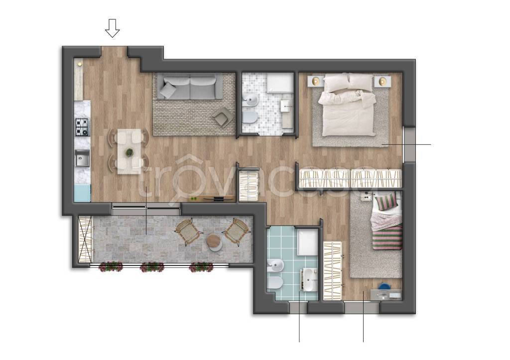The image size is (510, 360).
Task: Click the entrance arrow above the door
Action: (112, 28)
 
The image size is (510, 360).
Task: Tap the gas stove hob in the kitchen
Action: (82, 127)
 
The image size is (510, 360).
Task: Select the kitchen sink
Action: (82, 158)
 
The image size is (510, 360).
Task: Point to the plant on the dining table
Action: (129, 152)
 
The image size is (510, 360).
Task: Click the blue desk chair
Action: (384, 286)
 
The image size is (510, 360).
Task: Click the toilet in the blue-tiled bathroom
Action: (273, 284)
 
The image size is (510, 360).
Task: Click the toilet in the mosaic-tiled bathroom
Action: (250, 118)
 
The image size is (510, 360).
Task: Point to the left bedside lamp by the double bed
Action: (315, 81)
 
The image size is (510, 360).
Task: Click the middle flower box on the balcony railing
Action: (152, 267)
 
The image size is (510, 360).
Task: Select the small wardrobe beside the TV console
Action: (249, 185)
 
